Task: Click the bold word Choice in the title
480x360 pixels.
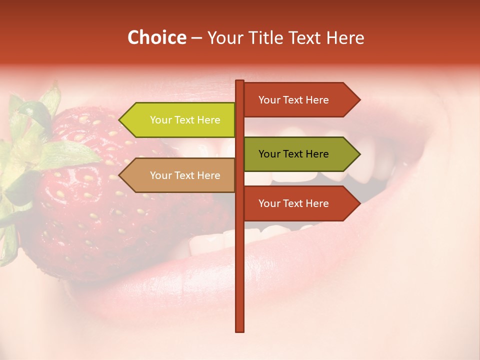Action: click(156, 37)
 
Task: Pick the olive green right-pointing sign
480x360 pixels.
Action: click(295, 154)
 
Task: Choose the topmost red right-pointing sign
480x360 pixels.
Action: click(295, 100)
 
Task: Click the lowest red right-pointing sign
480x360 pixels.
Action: click(295, 203)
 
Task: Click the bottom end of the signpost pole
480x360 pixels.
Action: click(240, 330)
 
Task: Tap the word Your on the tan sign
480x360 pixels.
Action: click(160, 175)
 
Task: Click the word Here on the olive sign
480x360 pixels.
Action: click(317, 154)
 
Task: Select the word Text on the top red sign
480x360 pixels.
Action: click(293, 100)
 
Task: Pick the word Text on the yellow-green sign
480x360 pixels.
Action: click(184, 120)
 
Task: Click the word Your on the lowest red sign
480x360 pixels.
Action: click(269, 203)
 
